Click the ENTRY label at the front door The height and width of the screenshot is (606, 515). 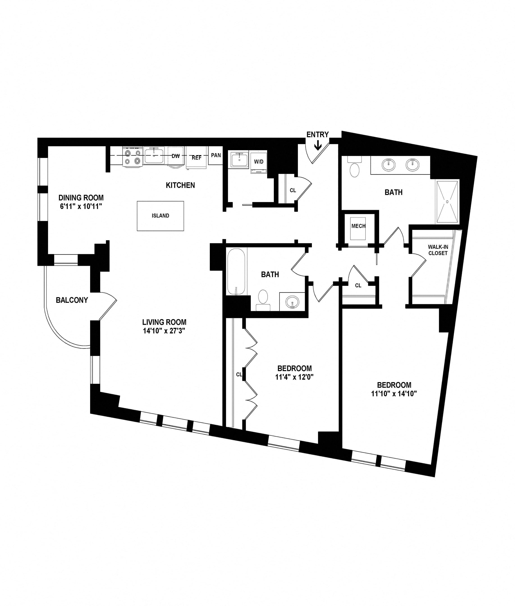(317, 134)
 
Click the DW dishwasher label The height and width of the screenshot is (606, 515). (176, 156)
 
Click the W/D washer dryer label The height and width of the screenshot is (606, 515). (259, 161)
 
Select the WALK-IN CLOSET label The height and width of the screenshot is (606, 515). (438, 250)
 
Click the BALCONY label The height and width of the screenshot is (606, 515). (72, 300)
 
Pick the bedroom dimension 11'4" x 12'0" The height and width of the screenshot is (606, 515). (294, 377)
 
